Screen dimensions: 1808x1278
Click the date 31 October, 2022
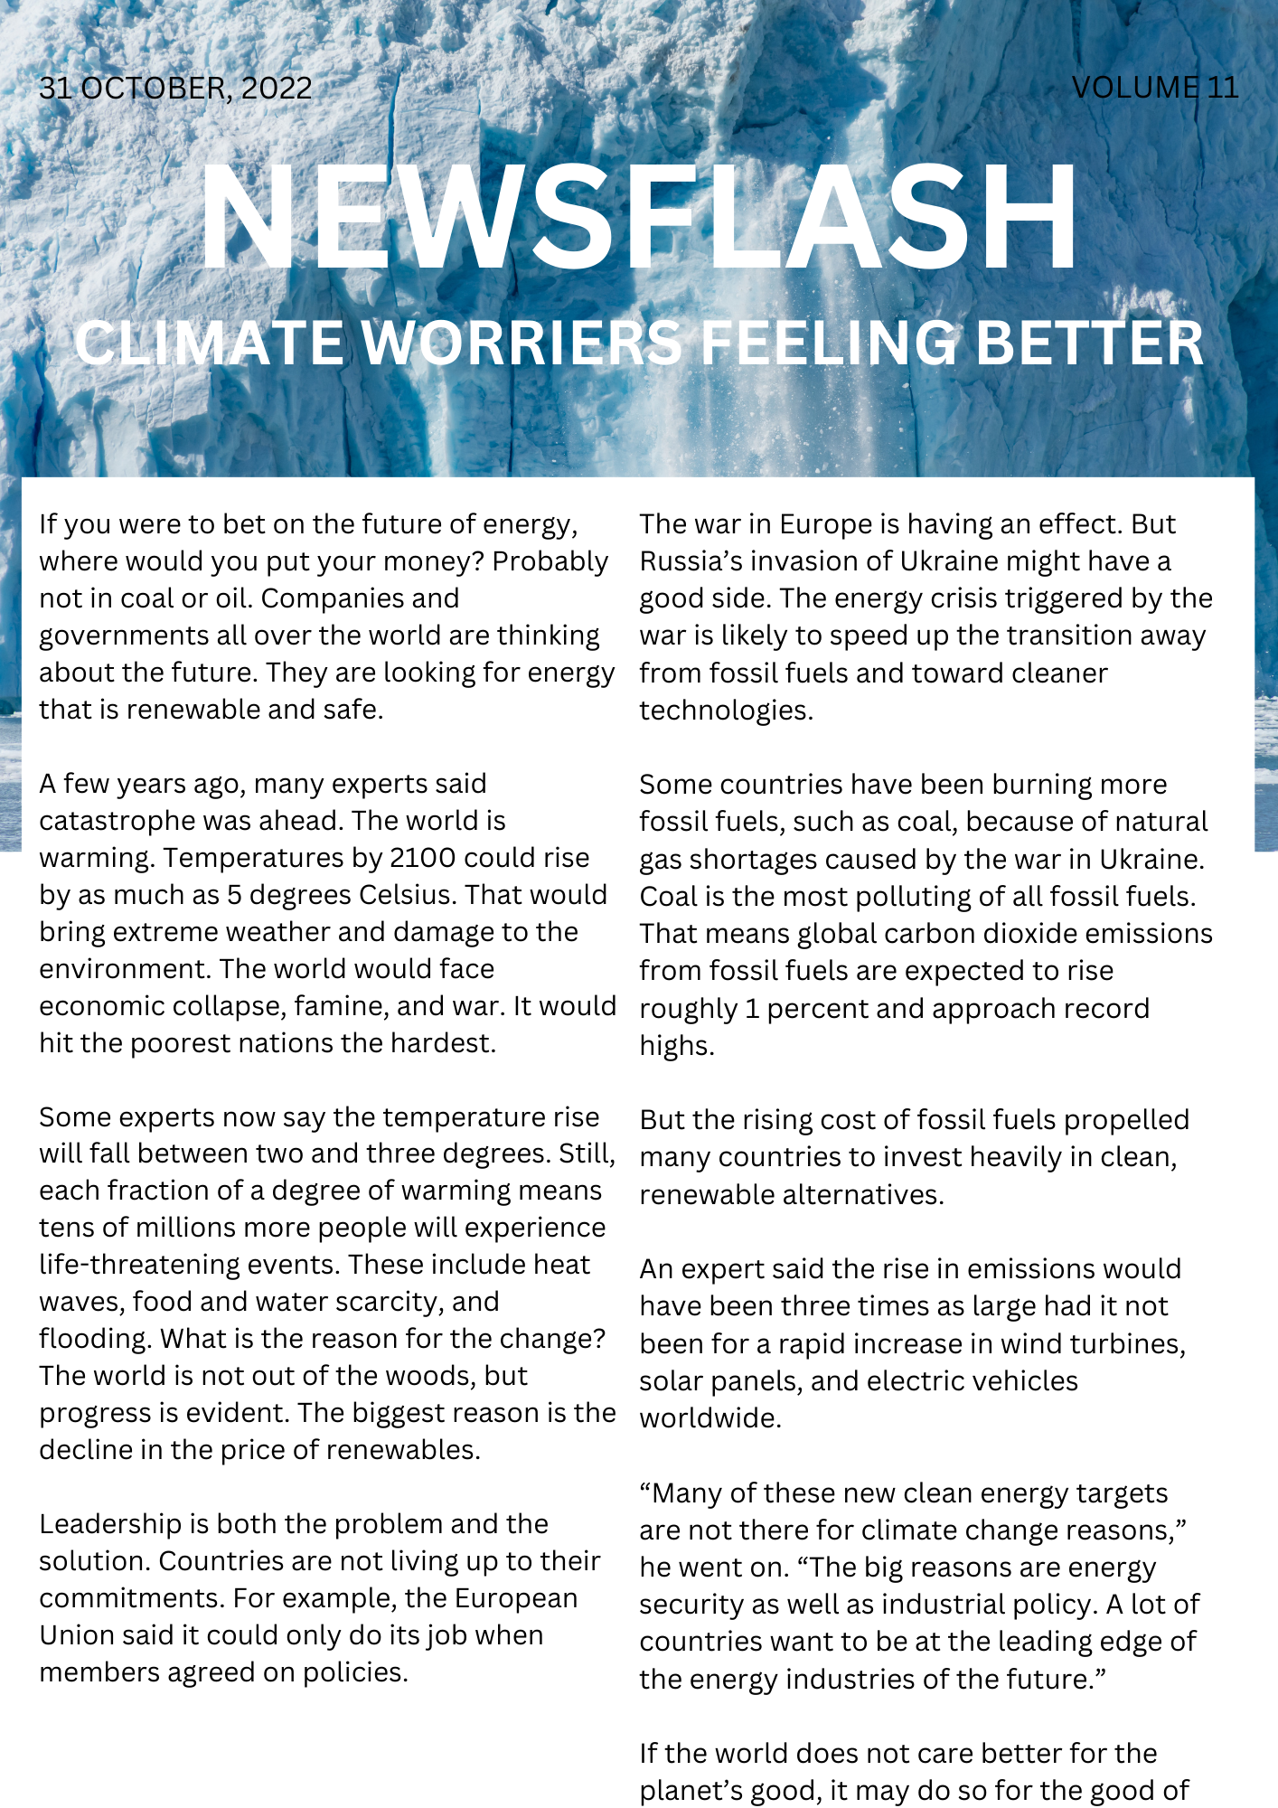175,89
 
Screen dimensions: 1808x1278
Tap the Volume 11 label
1154,88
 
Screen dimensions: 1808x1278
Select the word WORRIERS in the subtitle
522,344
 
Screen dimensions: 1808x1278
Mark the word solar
670,1381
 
